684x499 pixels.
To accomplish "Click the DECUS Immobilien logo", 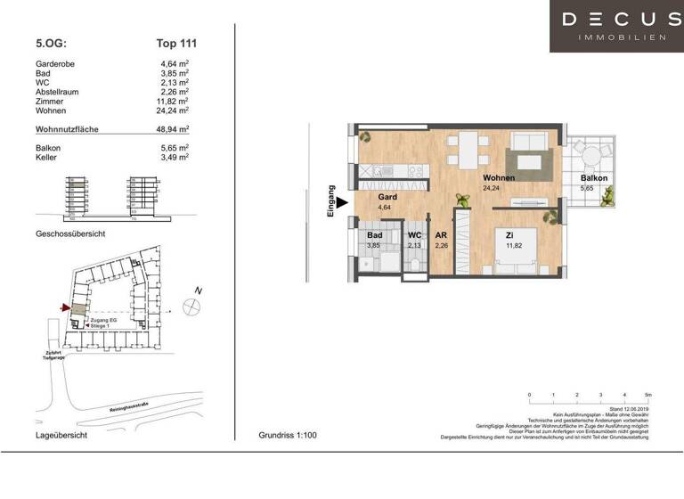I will click(615, 26).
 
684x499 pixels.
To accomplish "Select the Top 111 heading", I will click(175, 42).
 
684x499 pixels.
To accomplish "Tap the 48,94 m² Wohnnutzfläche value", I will click(172, 129).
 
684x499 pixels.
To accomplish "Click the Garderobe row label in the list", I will click(54, 63).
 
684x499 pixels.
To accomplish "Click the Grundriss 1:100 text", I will click(287, 436).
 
